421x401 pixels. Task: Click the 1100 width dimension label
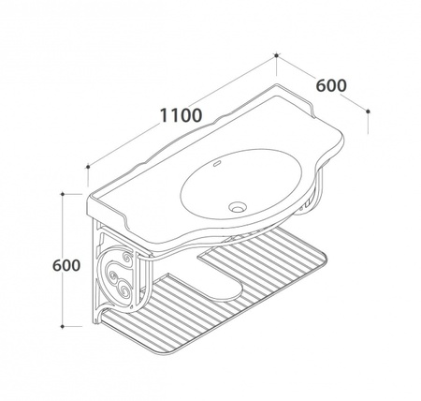click(181, 115)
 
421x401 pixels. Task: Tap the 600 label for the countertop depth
click(331, 85)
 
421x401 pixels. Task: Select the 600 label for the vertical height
click(66, 265)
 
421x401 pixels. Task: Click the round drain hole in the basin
click(238, 207)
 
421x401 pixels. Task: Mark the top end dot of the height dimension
click(63, 194)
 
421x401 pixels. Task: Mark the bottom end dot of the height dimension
click(63, 327)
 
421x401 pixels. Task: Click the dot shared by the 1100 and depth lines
click(276, 55)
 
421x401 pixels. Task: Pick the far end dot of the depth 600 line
click(368, 111)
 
